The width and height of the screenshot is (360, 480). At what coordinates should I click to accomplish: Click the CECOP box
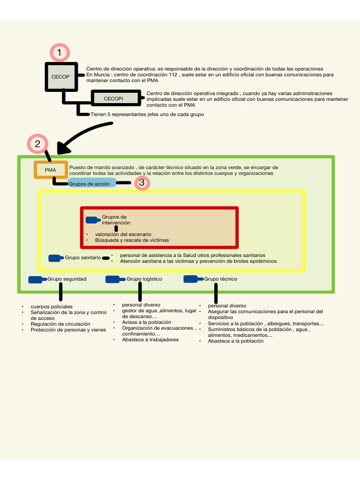(60, 76)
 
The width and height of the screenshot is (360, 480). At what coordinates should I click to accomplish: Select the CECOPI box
(113, 98)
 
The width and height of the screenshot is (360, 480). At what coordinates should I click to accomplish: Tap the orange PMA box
(51, 169)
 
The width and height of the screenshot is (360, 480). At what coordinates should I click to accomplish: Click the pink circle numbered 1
(60, 53)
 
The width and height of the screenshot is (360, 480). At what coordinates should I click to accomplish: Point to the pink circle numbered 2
(38, 144)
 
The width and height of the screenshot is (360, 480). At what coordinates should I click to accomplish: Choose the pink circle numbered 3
(142, 182)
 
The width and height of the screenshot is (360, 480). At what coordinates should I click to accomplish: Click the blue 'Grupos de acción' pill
(91, 183)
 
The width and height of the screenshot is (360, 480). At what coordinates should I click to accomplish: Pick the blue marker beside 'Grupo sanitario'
(56, 258)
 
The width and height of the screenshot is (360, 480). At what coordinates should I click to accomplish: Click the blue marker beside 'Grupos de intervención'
(93, 219)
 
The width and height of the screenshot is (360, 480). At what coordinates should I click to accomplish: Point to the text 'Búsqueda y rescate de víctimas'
(132, 240)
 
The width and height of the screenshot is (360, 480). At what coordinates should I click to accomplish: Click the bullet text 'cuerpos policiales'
(52, 307)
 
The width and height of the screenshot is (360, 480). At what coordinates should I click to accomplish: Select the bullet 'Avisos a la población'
(146, 322)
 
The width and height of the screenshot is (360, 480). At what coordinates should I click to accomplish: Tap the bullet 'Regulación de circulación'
(60, 324)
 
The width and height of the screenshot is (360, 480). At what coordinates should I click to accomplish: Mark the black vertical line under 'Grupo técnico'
(216, 293)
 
